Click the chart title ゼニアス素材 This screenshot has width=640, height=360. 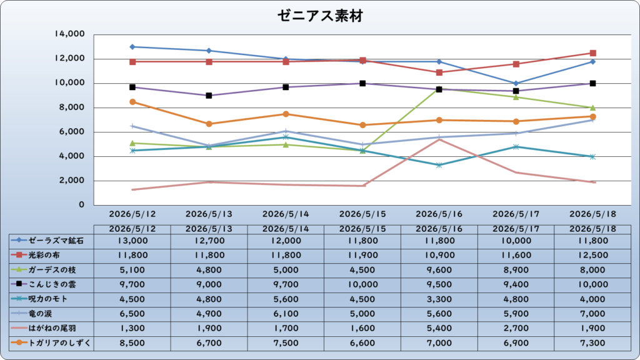click(321, 16)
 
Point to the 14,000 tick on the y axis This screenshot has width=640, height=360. click(70, 34)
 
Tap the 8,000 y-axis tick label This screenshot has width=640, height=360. click(72, 107)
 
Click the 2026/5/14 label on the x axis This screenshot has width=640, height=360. click(286, 214)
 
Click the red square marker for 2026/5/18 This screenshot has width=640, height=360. click(592, 53)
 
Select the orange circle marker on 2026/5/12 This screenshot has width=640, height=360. click(132, 102)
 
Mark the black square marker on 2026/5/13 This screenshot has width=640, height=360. click(209, 96)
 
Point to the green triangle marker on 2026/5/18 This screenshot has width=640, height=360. click(592, 107)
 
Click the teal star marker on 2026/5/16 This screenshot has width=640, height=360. click(439, 165)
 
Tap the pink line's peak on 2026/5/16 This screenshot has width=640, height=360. click(439, 139)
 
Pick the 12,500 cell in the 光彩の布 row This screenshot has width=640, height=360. click(592, 256)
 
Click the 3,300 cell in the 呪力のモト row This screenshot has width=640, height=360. click(439, 299)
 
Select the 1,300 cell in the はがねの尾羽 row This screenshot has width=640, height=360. click(132, 329)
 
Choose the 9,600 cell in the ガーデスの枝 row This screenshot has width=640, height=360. click(439, 270)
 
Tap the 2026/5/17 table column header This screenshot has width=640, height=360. click(516, 229)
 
